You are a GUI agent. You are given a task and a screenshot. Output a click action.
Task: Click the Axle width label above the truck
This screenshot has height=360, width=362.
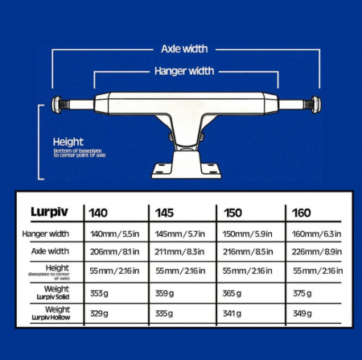click(184, 49)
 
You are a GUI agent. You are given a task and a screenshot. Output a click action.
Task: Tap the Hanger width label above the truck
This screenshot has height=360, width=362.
click(184, 71)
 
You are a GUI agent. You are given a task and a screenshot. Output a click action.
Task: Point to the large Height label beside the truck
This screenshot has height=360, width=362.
click(68, 142)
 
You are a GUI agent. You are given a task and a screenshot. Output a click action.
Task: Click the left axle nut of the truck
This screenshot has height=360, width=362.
click(56, 104)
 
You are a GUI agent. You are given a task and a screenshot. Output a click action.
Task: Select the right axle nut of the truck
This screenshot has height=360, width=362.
click(316, 105)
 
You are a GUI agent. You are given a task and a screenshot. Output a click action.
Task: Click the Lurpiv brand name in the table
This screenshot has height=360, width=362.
click(49, 212)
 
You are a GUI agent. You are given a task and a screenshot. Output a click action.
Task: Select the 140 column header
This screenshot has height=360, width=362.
click(98, 213)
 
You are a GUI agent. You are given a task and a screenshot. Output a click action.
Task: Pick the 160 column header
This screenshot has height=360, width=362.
click(302, 213)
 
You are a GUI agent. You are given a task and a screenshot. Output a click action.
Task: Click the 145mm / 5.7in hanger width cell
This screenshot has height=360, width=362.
click(179, 234)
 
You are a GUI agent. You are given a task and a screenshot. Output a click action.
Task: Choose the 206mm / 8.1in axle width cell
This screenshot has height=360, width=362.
click(114, 252)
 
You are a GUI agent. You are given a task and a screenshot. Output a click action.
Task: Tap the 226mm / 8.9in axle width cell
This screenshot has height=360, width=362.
click(317, 252)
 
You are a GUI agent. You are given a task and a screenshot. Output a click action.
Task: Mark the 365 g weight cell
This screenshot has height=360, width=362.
click(232, 293)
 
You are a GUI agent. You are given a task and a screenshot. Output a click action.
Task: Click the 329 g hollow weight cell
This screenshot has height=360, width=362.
click(99, 313)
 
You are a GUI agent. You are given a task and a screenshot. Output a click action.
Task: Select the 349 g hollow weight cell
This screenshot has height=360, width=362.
click(302, 313)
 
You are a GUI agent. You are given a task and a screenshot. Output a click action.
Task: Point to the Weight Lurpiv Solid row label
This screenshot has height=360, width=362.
click(53, 292)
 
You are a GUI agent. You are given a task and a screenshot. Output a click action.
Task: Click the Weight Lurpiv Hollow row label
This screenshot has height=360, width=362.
click(51, 313)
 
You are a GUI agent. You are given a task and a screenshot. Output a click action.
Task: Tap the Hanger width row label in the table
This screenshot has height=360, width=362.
click(46, 234)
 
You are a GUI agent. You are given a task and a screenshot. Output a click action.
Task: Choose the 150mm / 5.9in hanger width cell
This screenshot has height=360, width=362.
click(247, 234)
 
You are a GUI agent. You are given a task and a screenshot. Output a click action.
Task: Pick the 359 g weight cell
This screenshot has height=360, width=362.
click(164, 293)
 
